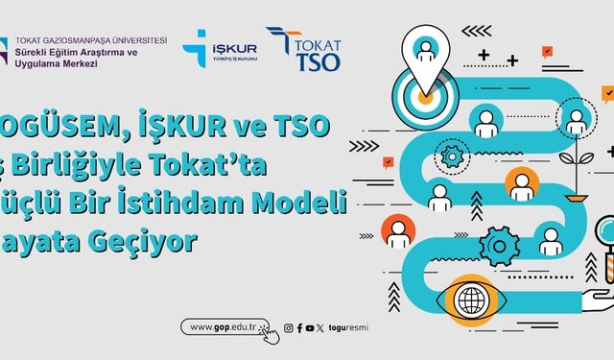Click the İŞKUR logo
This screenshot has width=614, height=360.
point(225,48)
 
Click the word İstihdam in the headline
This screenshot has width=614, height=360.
point(225,201)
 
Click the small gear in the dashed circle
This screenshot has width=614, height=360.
point(451,153)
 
